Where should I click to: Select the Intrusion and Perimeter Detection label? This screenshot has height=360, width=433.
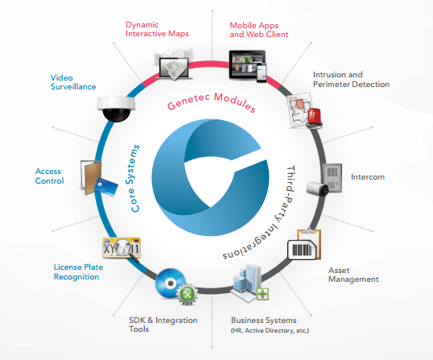coord(351,79)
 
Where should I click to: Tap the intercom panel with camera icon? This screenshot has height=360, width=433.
coord(334,179)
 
